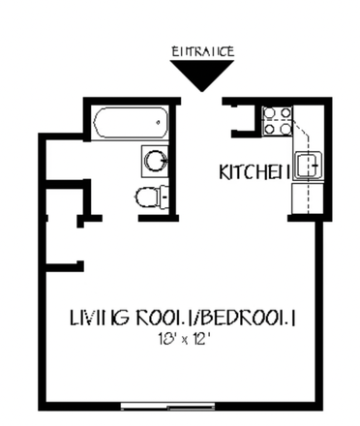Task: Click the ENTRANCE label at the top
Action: click(x=202, y=51)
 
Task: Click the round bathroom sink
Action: click(x=154, y=158)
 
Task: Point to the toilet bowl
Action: click(x=146, y=198)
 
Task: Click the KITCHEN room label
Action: click(x=255, y=172)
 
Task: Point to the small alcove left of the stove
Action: click(x=243, y=120)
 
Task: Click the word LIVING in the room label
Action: click(x=95, y=317)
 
